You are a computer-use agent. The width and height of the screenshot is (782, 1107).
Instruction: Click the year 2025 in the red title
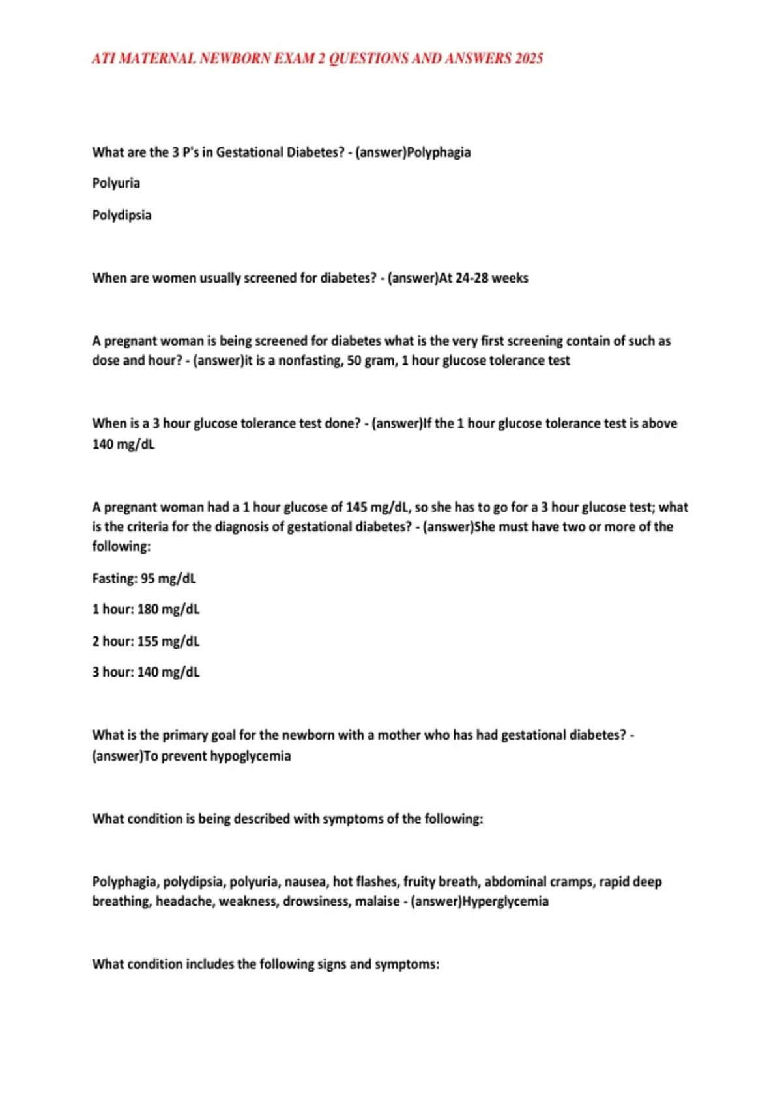click(x=529, y=59)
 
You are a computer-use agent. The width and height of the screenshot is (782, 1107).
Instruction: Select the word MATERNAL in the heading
click(x=157, y=59)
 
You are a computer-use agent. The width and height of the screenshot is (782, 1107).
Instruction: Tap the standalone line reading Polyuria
click(x=116, y=183)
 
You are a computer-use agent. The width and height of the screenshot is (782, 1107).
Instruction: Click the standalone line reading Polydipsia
click(x=122, y=215)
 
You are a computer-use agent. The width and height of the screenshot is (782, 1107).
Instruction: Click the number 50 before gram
click(x=354, y=361)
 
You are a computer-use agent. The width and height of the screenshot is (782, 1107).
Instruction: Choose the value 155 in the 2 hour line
click(x=148, y=641)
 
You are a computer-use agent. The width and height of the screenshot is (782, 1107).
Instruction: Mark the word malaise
click(x=377, y=901)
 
